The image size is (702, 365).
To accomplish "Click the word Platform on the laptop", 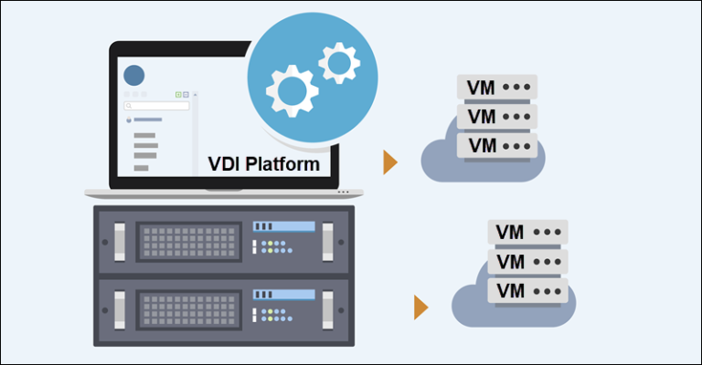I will (x=280, y=164).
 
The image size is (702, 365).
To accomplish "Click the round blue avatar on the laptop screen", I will (x=134, y=76).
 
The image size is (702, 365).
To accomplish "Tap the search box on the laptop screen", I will (x=156, y=106).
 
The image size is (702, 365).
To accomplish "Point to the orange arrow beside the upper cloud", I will (x=390, y=162).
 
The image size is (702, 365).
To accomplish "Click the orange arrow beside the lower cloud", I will (x=420, y=308).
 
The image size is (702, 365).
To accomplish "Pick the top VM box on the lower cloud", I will (x=526, y=232).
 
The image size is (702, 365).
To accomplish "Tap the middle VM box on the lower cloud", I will (x=526, y=262).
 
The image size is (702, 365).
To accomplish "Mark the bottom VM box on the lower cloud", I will (x=526, y=290).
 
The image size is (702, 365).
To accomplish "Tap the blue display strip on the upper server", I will (x=283, y=225).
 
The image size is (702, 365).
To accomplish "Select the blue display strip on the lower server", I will (x=283, y=294).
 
